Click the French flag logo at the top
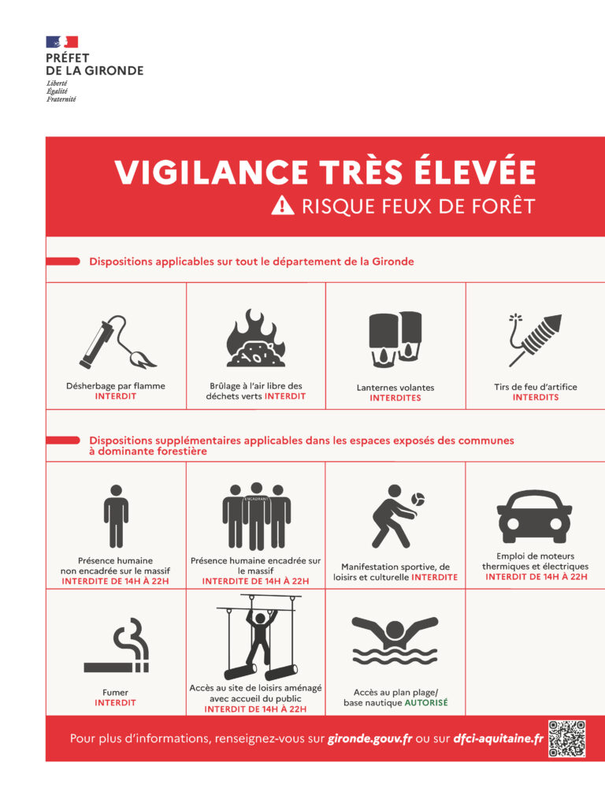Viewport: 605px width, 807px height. tap(61, 42)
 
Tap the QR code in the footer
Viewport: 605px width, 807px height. tap(566, 738)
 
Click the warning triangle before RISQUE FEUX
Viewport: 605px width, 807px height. tap(282, 206)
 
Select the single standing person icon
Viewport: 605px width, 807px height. tap(115, 515)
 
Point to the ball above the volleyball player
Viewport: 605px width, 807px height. tap(418, 500)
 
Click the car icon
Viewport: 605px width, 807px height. tap(535, 513)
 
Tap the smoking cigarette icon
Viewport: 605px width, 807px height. tap(117, 646)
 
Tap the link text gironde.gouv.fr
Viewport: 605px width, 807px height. tap(369, 739)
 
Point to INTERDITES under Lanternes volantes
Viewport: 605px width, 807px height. tap(395, 398)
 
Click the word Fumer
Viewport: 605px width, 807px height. tap(115, 692)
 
